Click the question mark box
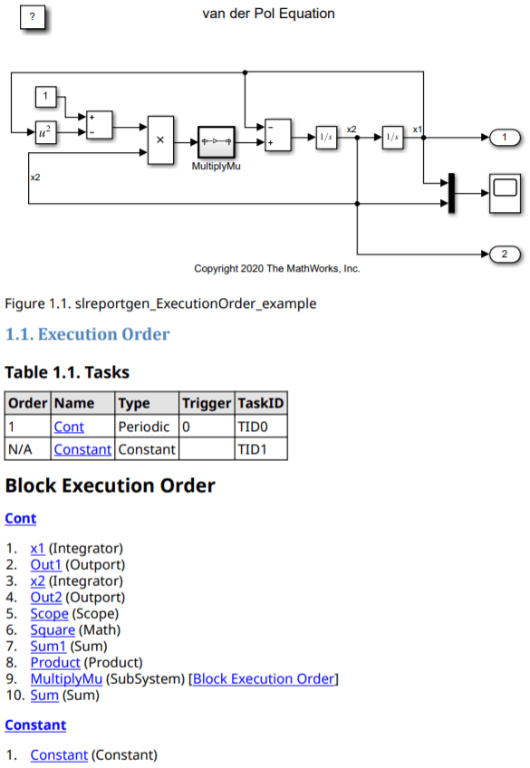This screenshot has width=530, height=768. click(x=33, y=17)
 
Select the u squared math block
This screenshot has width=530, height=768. click(x=45, y=131)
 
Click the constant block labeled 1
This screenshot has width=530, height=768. click(x=45, y=97)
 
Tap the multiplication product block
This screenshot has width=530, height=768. click(x=160, y=140)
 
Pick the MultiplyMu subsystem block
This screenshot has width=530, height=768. click(x=216, y=141)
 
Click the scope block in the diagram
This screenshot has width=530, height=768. click(x=505, y=193)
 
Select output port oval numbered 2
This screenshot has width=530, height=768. click(x=505, y=254)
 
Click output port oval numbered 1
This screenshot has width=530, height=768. click(x=505, y=138)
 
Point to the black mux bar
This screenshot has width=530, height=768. click(x=451, y=193)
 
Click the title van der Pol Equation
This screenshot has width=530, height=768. click(x=268, y=14)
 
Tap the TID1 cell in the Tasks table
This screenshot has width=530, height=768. click(x=252, y=449)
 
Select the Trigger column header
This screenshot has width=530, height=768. click(x=207, y=403)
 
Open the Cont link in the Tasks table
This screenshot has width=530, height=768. click(x=69, y=427)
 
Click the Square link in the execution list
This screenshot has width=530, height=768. click(x=53, y=629)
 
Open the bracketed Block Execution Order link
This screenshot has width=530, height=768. click(x=264, y=679)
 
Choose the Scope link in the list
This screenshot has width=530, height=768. click(x=50, y=614)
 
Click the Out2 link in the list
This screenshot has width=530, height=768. click(x=46, y=597)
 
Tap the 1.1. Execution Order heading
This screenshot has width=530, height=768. click(x=87, y=334)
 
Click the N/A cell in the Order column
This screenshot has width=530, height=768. click(x=20, y=449)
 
